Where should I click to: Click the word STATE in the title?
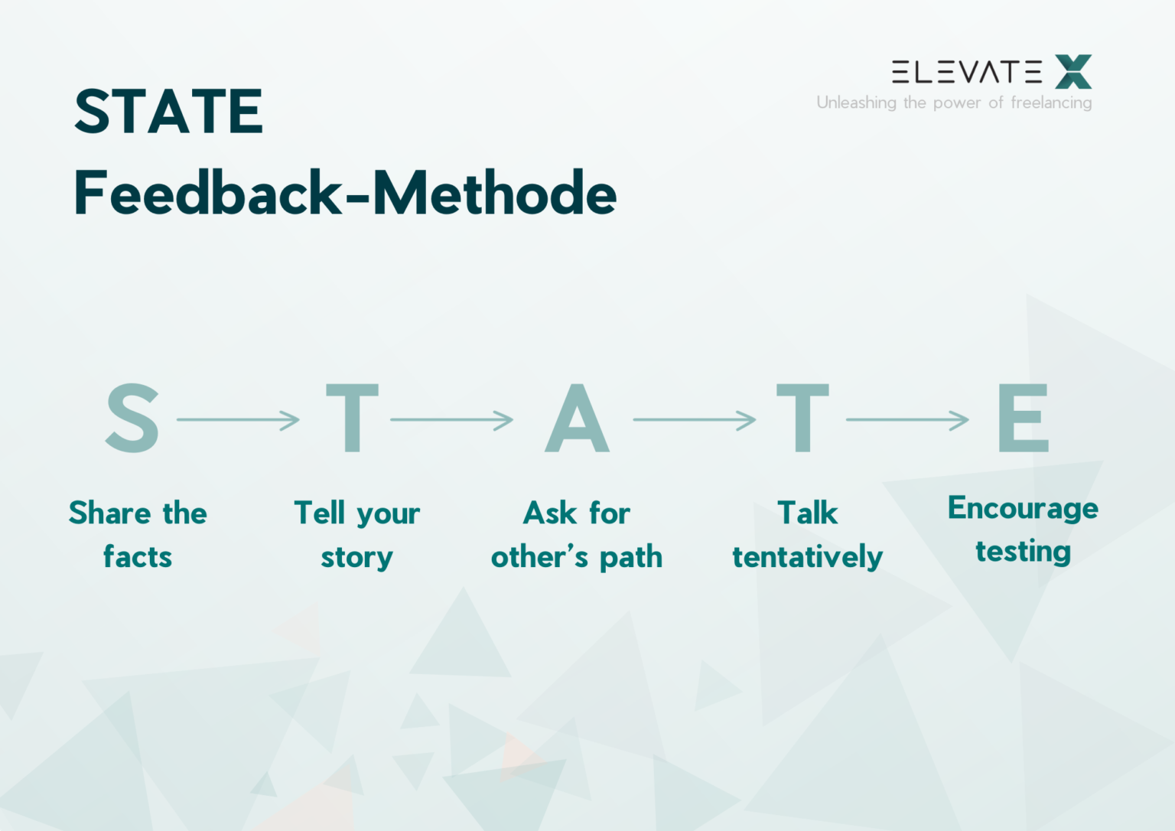(168, 111)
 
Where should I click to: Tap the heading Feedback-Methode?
(346, 193)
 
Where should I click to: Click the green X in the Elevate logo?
(1073, 71)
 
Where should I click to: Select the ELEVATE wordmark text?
(967, 72)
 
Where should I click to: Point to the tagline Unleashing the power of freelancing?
(954, 103)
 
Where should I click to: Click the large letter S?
(132, 418)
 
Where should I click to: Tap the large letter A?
(577, 418)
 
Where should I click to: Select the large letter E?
(1024, 418)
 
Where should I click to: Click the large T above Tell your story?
(352, 418)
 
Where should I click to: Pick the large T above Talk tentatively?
(802, 418)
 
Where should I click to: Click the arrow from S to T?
(238, 419)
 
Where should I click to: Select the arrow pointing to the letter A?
(451, 419)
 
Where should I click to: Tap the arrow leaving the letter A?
(695, 419)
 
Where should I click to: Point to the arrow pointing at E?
(907, 419)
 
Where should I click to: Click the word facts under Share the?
(138, 556)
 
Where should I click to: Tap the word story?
(356, 558)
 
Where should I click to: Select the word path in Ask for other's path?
(631, 557)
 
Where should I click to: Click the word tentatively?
(808, 557)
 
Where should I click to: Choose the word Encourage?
(1023, 509)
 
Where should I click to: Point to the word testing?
(1023, 552)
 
